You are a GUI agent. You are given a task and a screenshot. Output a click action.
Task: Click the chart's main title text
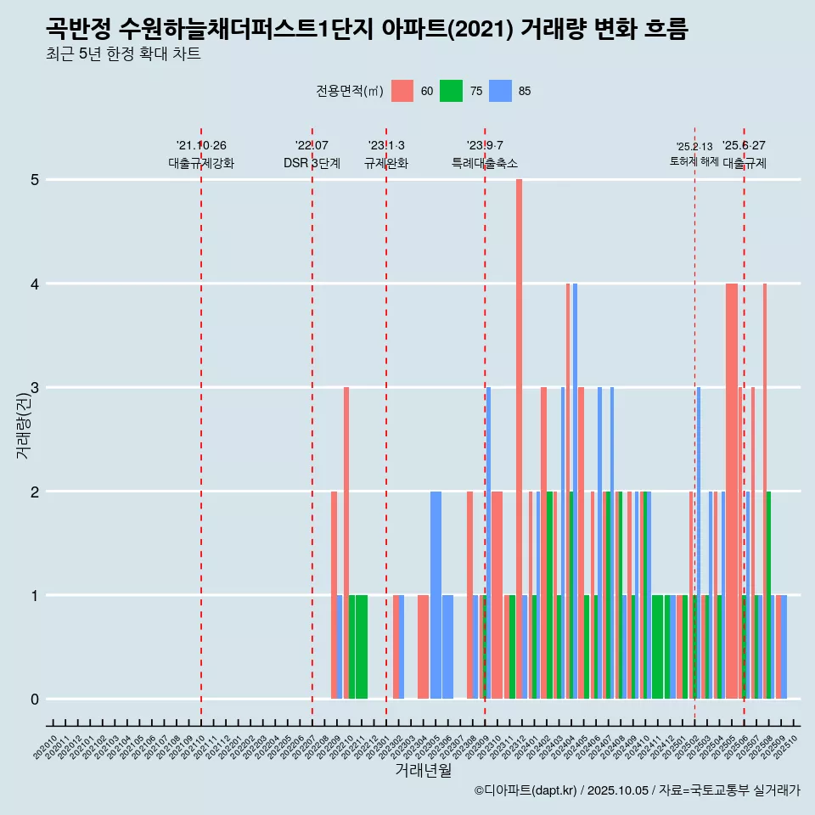click(367, 29)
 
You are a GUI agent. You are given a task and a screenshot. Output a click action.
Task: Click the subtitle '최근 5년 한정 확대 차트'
click(124, 55)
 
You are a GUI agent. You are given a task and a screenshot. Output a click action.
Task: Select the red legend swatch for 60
click(402, 92)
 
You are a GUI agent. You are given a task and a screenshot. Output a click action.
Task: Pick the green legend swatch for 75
click(451, 92)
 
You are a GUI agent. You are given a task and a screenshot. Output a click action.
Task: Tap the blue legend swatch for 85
click(501, 92)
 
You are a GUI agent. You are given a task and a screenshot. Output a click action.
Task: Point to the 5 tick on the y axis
click(35, 180)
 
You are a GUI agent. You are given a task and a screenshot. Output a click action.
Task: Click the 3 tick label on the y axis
click(35, 388)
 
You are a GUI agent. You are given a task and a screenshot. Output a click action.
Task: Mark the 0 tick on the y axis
click(35, 700)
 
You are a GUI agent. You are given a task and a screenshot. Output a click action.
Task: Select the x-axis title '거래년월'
click(423, 771)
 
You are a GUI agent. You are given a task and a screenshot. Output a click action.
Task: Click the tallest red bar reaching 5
click(519, 439)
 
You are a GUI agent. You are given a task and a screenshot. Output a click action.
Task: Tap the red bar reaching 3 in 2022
click(346, 543)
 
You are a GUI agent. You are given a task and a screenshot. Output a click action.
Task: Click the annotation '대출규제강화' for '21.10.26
click(201, 163)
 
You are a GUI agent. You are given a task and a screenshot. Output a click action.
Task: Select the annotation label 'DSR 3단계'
click(312, 163)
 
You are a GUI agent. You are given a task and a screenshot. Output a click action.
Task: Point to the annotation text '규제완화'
click(386, 163)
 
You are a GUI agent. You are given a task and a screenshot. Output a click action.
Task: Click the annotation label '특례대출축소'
click(485, 163)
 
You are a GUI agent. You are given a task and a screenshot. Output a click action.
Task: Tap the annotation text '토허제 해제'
click(694, 161)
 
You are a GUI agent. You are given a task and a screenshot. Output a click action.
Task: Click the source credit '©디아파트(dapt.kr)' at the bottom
click(526, 790)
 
